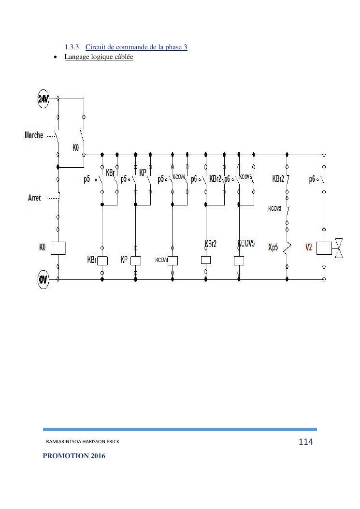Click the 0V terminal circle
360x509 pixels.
(43, 279)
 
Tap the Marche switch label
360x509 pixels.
(34, 135)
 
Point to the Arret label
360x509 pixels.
(35, 198)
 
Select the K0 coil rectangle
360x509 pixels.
(58, 248)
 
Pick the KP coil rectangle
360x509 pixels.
(135, 261)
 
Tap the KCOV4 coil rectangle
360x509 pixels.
(173, 261)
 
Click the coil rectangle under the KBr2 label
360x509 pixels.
(206, 260)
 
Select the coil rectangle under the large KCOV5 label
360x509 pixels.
(239, 261)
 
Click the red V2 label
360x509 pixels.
(309, 247)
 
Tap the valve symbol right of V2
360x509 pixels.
(340, 248)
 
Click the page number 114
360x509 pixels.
(305, 442)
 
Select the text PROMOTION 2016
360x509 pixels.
(73, 456)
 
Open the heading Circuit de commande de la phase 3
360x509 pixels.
(136, 47)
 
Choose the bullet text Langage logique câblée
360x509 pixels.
(99, 57)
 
